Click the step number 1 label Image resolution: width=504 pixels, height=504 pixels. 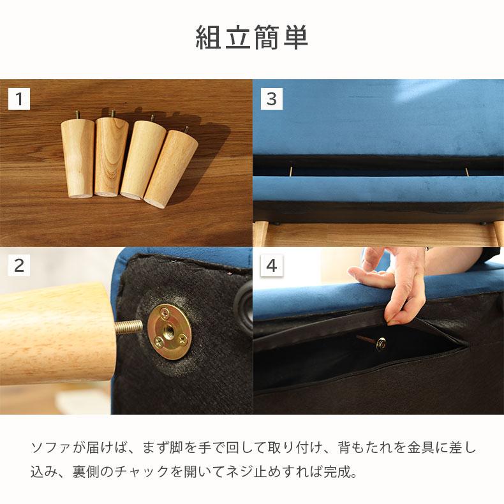point(19,99)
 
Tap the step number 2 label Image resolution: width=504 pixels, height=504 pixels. point(19,265)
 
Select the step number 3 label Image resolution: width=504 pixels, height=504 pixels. point(272,99)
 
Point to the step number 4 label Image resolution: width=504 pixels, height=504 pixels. point(272,265)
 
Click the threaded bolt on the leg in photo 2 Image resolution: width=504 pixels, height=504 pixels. point(129,327)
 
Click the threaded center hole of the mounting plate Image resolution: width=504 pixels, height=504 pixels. point(168,329)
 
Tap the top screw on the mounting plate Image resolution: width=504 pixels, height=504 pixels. point(165,311)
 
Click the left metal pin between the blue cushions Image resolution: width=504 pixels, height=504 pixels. point(291,170)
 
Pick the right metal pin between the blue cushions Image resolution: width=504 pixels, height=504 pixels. point(467,172)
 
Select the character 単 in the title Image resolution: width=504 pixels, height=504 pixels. point(295,37)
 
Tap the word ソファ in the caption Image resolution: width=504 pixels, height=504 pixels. point(51,448)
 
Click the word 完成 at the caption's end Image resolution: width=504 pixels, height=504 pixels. point(337,472)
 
